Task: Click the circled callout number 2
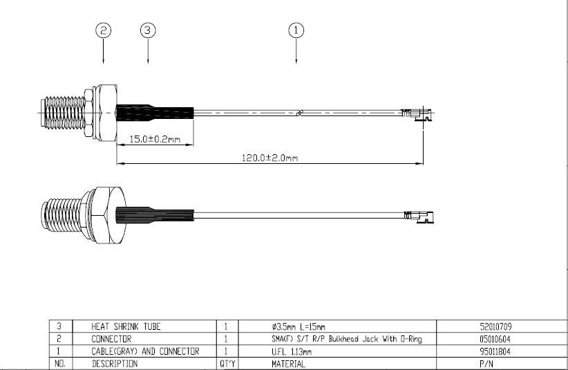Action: point(103,30)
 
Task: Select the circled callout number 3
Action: point(148,30)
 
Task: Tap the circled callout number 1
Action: point(296,30)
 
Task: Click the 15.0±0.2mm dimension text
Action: point(155,139)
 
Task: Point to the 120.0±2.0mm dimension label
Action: point(270,158)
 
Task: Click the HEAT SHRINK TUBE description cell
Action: point(126,326)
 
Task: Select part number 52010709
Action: point(495,327)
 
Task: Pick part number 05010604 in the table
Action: point(495,339)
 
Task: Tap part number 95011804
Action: point(495,351)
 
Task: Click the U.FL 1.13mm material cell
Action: point(291,352)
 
